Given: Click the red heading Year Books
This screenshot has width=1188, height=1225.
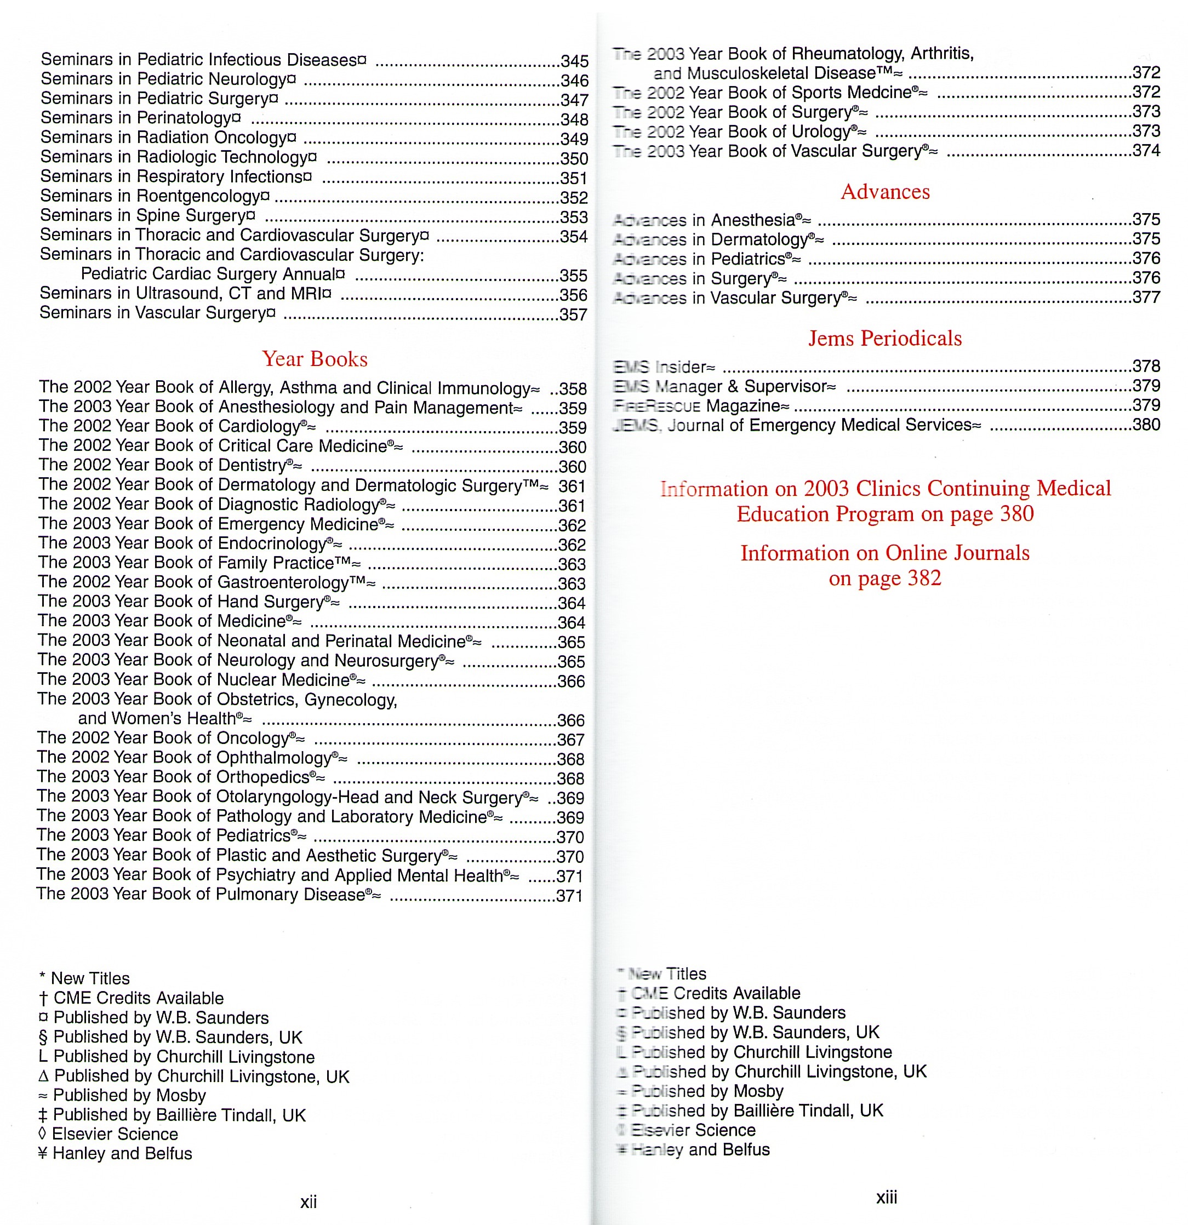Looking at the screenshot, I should point(315,359).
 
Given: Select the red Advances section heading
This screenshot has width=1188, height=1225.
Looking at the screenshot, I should point(885,191).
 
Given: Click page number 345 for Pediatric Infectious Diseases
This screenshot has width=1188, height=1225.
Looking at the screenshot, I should point(574,61).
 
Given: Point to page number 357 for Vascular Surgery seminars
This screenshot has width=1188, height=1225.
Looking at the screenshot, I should point(573,314).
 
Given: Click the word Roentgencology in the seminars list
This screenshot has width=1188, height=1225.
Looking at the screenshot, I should point(198,196).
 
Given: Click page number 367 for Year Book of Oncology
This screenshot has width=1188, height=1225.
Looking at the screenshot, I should point(570,740).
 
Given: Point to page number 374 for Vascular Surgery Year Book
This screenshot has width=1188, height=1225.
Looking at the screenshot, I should point(1146,151).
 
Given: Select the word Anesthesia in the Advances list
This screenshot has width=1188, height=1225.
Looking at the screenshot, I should point(753,220).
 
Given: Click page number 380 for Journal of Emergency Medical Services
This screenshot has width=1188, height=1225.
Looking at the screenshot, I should point(1146,425).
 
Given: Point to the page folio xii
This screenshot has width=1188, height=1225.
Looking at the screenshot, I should point(309,1201).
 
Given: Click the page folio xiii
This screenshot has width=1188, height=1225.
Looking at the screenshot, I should point(886,1197).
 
